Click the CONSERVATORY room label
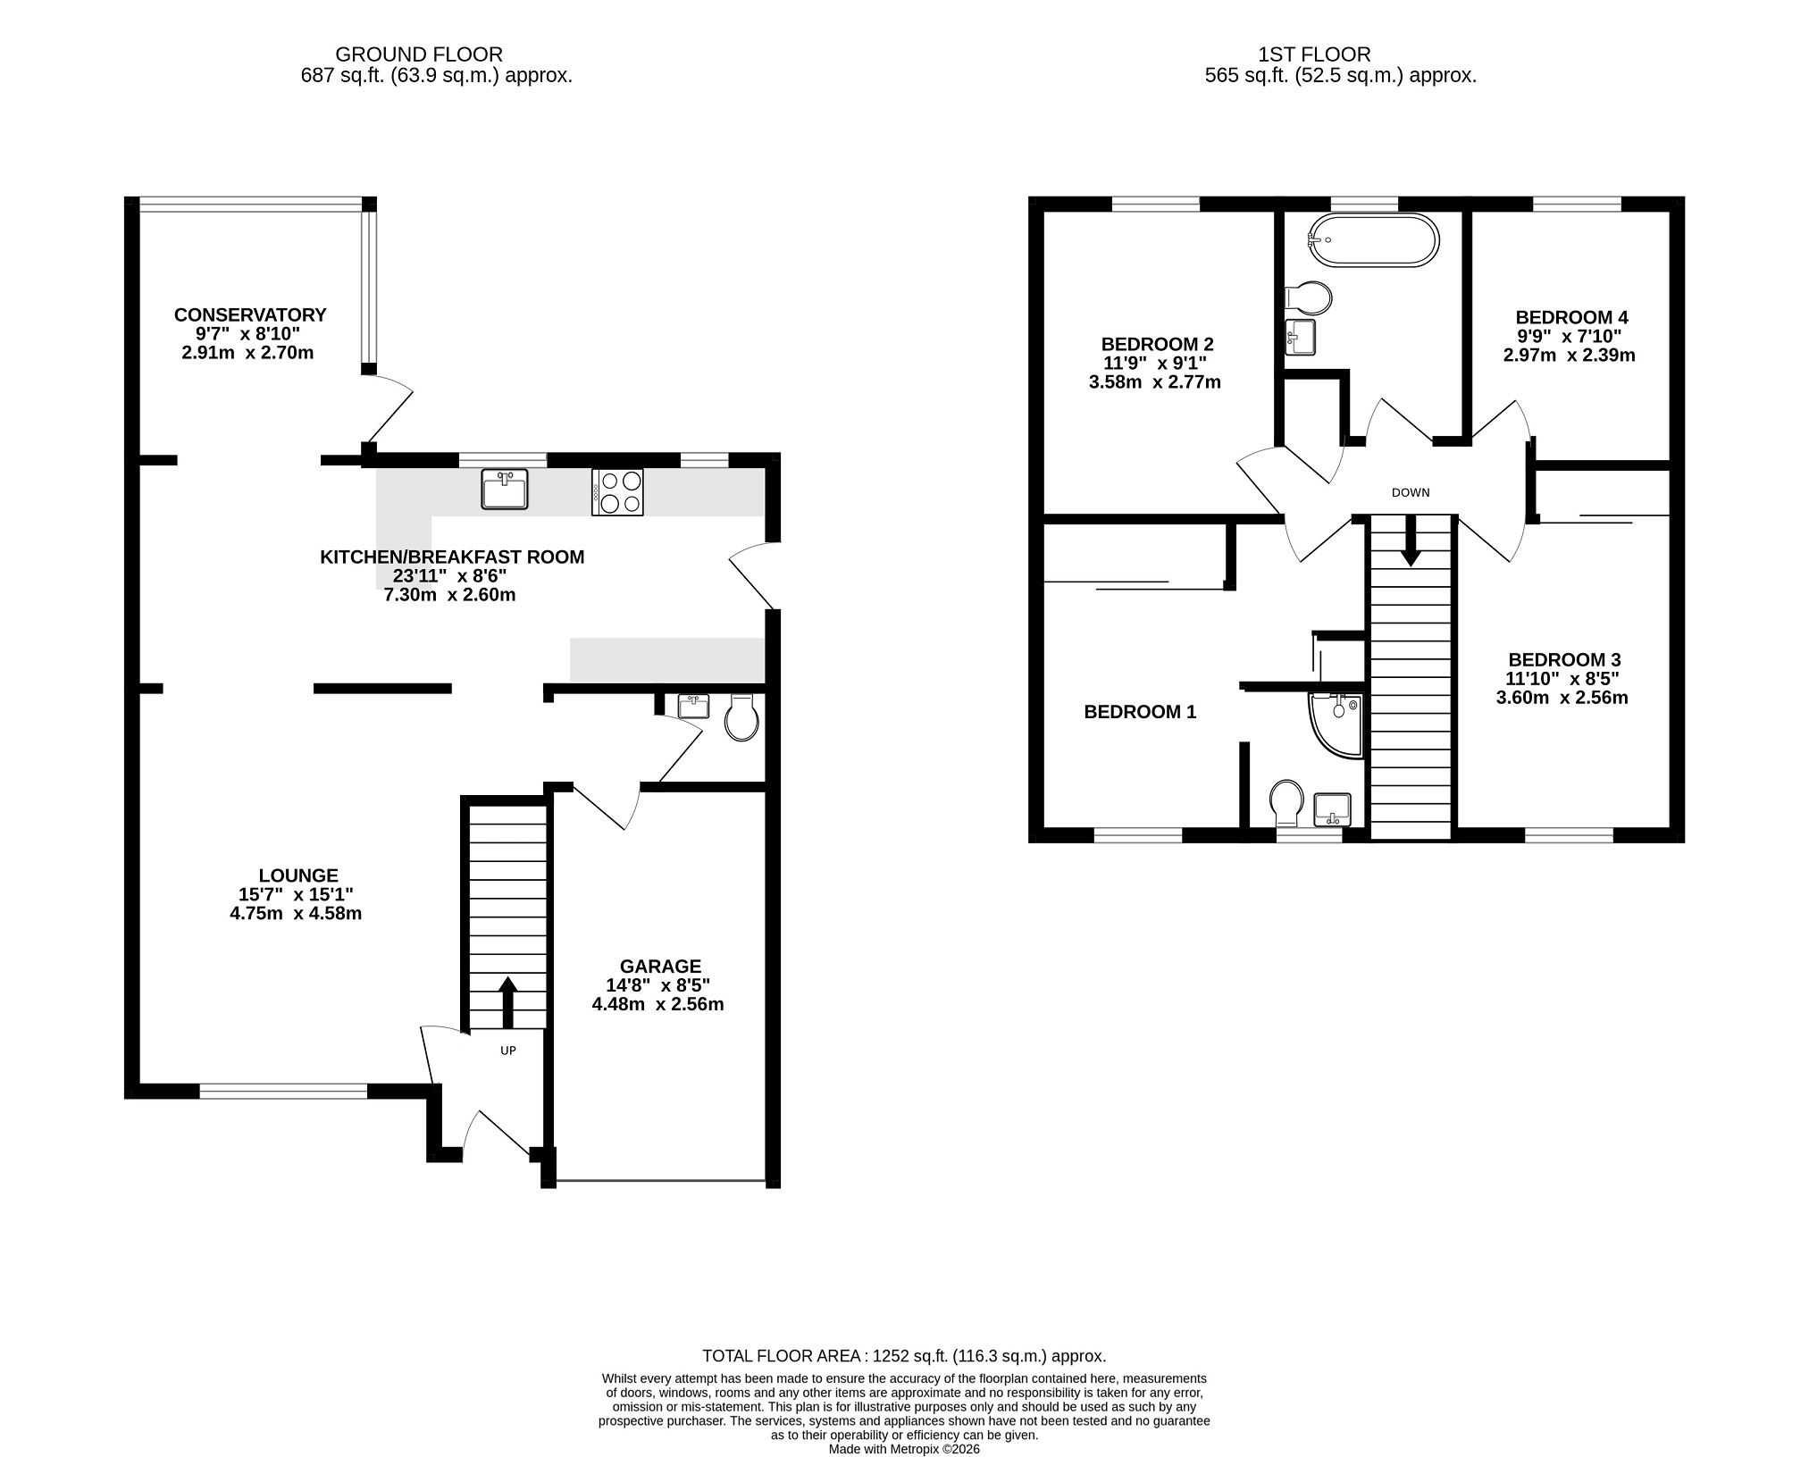point(250,315)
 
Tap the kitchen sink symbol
point(505,489)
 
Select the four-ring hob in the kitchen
point(617,492)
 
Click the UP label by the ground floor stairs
point(508,1051)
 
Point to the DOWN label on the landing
point(1411,492)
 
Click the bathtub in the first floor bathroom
point(1373,240)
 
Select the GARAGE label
point(661,967)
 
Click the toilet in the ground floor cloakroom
point(741,717)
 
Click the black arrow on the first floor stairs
point(1411,540)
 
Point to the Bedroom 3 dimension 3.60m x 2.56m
point(1562,698)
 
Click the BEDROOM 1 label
point(1140,712)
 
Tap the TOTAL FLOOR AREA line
point(904,1355)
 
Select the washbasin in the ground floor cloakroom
point(693,706)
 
